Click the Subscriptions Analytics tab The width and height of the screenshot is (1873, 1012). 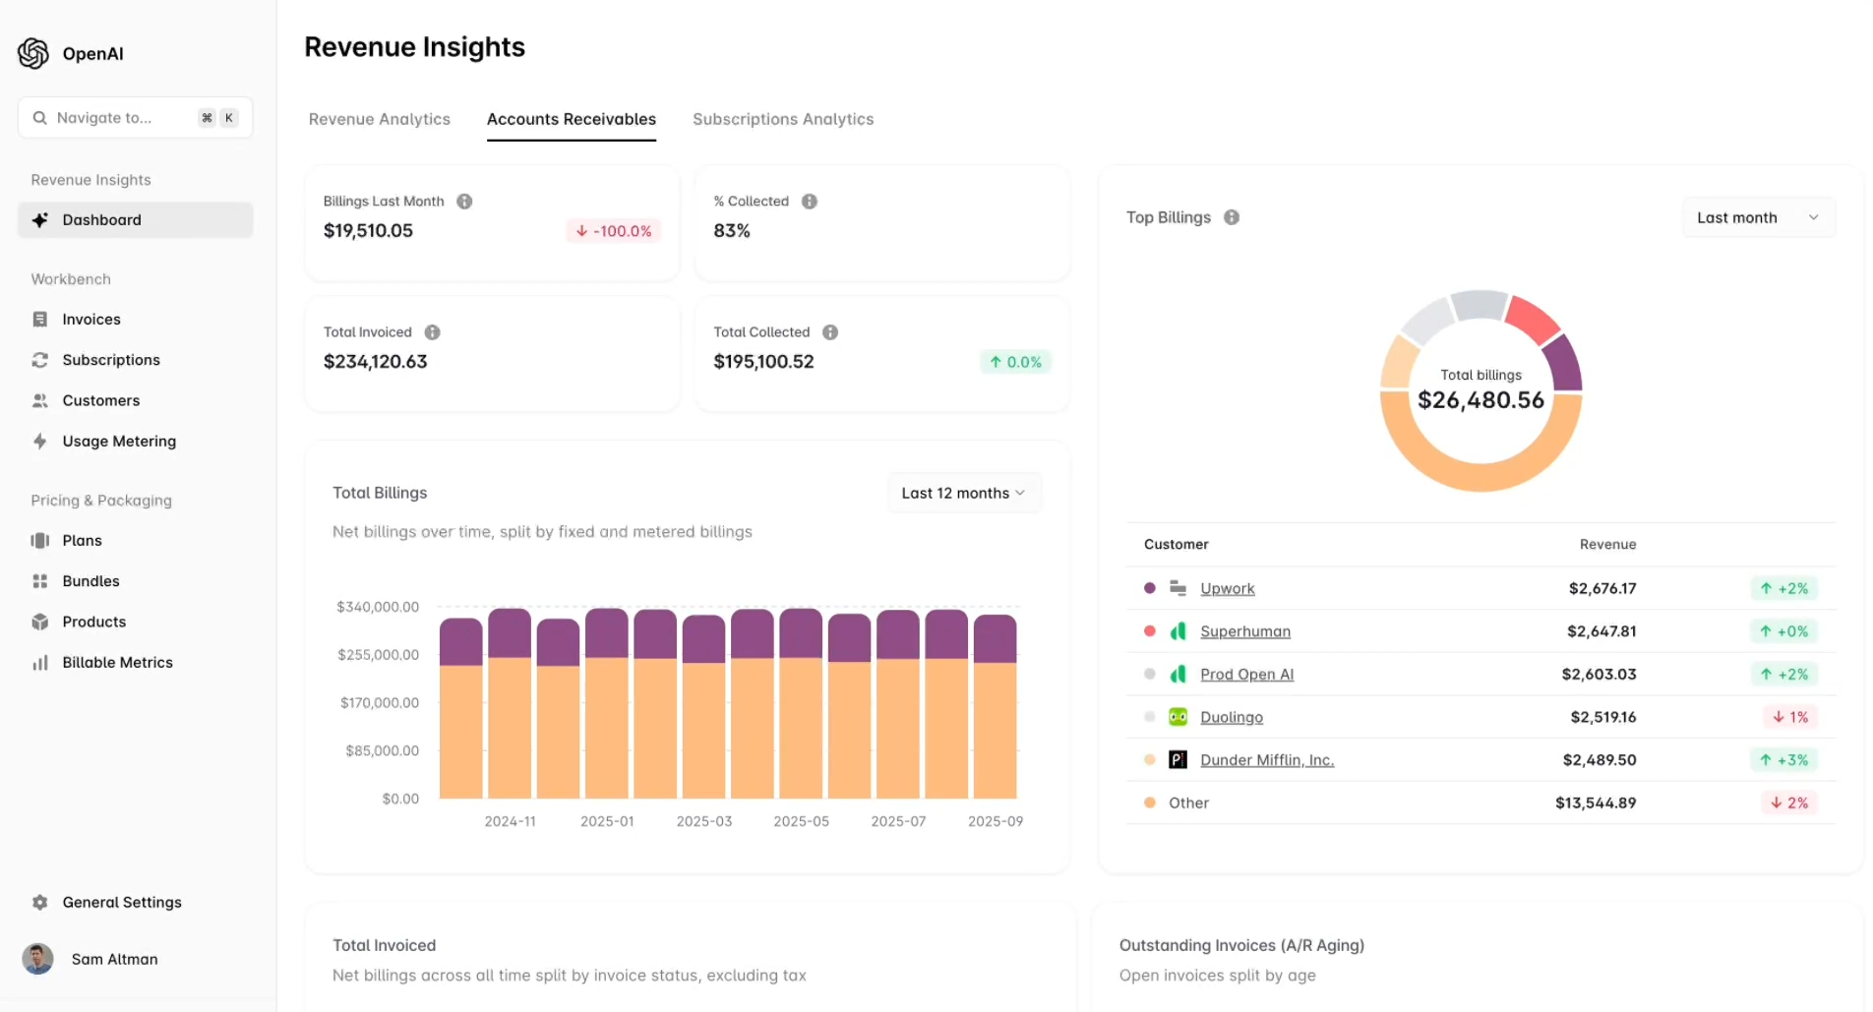click(x=782, y=119)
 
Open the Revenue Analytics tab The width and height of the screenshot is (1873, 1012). click(x=379, y=119)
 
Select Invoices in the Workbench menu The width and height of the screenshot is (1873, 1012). click(x=91, y=320)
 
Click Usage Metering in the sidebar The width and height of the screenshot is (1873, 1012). click(x=118, y=442)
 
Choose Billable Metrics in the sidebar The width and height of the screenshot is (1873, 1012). click(x=117, y=663)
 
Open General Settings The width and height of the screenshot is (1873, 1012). click(x=121, y=903)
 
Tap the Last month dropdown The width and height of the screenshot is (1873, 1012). click(x=1757, y=217)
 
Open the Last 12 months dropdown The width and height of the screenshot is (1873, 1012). click(x=962, y=493)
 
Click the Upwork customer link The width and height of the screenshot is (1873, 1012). click(x=1227, y=589)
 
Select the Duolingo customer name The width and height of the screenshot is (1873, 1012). click(x=1231, y=718)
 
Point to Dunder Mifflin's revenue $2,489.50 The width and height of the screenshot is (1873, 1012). click(x=1599, y=760)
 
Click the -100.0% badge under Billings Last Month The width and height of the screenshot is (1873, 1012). click(x=614, y=231)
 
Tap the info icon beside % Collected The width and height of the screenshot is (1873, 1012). click(x=809, y=202)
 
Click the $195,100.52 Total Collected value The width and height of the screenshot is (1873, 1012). click(x=763, y=362)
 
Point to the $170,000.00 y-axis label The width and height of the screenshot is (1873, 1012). click(x=379, y=703)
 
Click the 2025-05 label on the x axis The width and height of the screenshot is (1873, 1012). click(x=801, y=821)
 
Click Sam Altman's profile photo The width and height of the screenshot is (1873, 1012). click(x=38, y=959)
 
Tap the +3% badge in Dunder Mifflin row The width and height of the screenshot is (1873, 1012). click(x=1783, y=760)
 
